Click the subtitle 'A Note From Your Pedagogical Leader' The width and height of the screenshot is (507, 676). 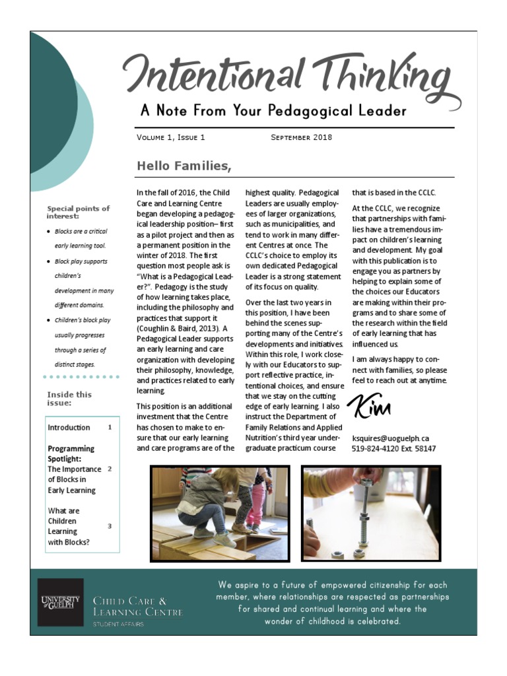273,111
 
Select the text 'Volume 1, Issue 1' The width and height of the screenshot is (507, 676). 171,138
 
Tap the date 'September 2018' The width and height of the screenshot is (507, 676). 301,138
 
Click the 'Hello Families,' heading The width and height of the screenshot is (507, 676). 184,166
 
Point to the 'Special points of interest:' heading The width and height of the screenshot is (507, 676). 78,212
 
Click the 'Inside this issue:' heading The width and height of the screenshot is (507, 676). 69,399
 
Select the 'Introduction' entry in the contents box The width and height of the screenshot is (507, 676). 69,428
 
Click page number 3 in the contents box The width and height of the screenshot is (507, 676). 110,526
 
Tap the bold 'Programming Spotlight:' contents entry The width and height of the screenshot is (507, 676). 71,454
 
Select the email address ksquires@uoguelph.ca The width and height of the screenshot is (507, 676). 391,438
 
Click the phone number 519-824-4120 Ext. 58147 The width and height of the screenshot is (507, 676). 393,449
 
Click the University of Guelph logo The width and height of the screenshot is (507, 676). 60,602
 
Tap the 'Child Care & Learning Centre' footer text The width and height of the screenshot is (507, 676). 137,607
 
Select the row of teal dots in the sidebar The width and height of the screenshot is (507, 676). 81,377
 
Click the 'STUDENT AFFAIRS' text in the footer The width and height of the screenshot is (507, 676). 118,625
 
